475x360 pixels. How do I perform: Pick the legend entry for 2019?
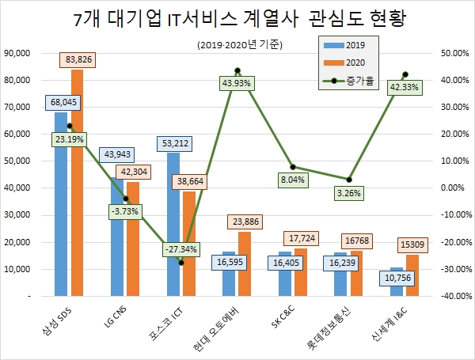click(x=349, y=44)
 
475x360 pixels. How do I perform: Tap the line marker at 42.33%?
click(x=405, y=74)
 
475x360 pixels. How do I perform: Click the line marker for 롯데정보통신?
click(x=349, y=180)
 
